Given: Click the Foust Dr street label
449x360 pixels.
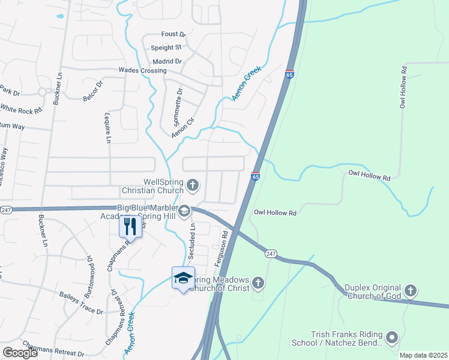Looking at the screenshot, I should (x=174, y=35).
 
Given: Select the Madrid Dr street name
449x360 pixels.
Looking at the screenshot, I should (x=167, y=61).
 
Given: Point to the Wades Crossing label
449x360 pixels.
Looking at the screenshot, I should (x=142, y=71).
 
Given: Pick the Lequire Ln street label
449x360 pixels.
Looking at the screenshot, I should (x=108, y=129).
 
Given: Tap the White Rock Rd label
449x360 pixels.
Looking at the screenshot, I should (x=21, y=110).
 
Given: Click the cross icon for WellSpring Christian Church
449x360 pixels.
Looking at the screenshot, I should (x=193, y=185).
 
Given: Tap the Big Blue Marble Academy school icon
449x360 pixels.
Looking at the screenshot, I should (x=184, y=210).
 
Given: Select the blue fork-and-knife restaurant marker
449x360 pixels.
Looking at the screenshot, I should (x=130, y=226).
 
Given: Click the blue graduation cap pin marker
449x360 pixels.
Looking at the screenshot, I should (x=183, y=278).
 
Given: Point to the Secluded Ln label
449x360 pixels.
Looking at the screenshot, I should (x=192, y=239).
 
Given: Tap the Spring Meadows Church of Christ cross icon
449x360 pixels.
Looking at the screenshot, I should (x=258, y=283).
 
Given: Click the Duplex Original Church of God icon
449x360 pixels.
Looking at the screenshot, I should (x=410, y=292).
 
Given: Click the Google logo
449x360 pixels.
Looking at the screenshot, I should (x=20, y=353).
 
